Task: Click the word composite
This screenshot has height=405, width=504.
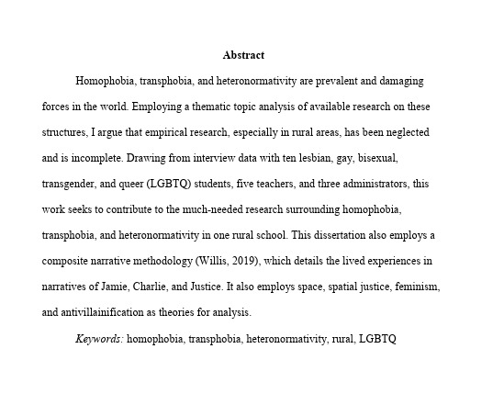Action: pyautogui.click(x=72, y=261)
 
